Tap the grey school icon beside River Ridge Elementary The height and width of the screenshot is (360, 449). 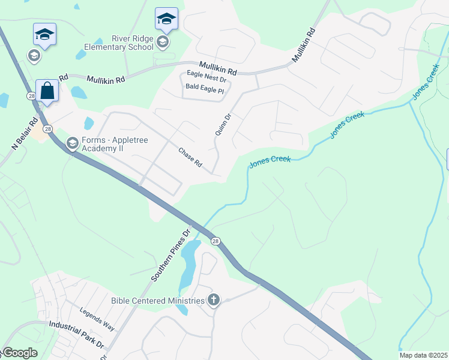[x=163, y=41]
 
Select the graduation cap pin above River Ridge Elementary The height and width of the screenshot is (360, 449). [x=166, y=19]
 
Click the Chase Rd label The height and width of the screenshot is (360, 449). [x=190, y=158]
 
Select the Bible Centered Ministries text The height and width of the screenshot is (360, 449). [x=158, y=301]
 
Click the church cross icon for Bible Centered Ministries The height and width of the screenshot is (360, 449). [x=214, y=301]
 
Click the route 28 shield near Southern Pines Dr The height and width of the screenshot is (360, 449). [x=215, y=241]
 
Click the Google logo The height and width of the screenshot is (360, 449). [x=20, y=353]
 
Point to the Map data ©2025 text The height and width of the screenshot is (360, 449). [x=423, y=355]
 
